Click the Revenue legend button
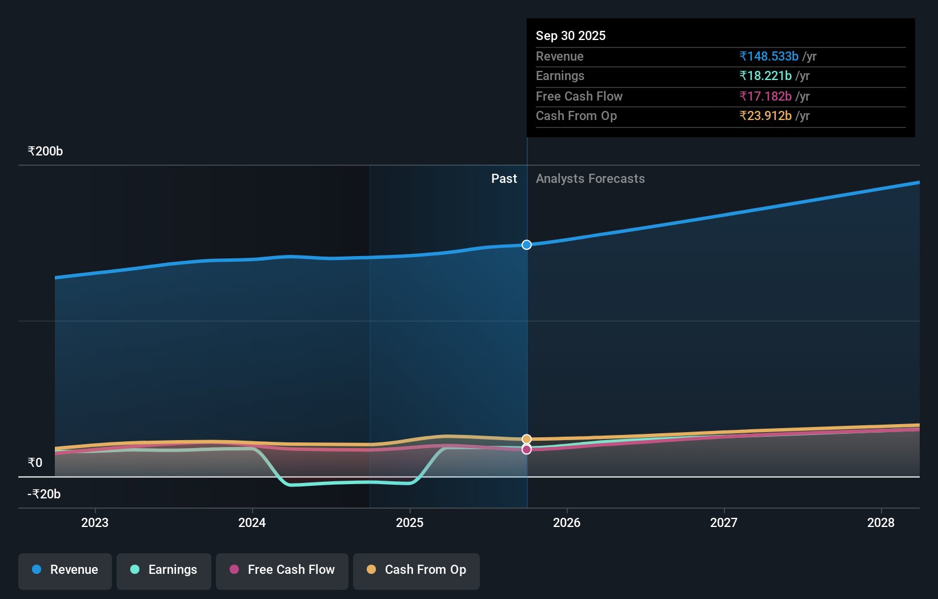[x=65, y=570]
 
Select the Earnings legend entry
[x=164, y=570]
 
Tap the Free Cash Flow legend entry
[x=282, y=570]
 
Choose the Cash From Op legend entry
[x=416, y=570]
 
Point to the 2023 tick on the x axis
[x=95, y=522]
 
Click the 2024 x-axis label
[x=252, y=522]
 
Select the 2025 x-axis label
[x=410, y=522]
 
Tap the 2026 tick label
[x=567, y=522]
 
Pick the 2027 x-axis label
[x=724, y=522]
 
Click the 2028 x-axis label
[x=881, y=522]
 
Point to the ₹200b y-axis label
[x=45, y=151]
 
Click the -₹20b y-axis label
[x=44, y=494]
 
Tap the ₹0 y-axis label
[x=35, y=463]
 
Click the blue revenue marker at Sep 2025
[x=527, y=245]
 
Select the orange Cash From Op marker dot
[x=527, y=439]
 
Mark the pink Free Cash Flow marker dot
[x=527, y=450]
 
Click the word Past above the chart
[x=504, y=179]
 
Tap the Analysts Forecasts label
[x=590, y=179]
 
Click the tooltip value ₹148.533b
[x=768, y=57]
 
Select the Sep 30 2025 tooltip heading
[x=571, y=36]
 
